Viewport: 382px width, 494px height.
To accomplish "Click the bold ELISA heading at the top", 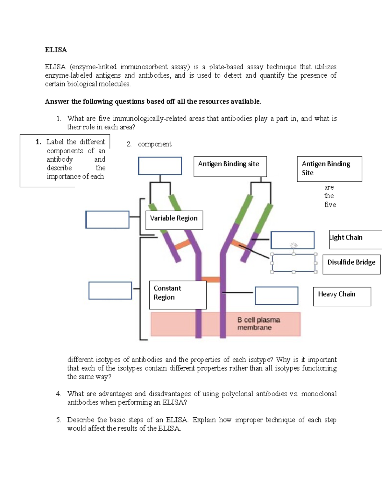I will click(56, 50).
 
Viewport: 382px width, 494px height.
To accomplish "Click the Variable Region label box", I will click(174, 220).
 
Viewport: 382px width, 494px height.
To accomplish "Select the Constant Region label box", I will click(178, 295).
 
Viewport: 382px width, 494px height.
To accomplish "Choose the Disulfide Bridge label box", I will click(351, 264).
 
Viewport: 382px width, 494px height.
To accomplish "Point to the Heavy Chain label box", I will click(342, 296).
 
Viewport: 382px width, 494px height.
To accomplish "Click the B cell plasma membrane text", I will click(258, 324).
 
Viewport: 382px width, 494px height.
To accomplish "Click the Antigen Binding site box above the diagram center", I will click(230, 166).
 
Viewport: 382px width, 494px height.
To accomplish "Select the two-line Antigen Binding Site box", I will click(329, 169).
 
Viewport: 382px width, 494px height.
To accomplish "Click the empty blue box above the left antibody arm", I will click(160, 166).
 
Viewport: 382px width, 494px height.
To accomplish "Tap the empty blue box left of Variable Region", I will click(107, 219).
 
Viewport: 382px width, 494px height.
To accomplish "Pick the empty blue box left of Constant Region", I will click(110, 290).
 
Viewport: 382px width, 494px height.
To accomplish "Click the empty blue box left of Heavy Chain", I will click(276, 296).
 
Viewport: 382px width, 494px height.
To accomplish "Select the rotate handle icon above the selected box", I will click(294, 246).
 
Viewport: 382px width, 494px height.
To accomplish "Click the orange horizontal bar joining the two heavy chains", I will click(210, 280).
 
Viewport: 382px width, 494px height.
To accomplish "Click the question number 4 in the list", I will click(58, 394).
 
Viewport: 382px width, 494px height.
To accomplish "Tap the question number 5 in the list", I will click(58, 420).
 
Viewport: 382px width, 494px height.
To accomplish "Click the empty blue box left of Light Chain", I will click(292, 240).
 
